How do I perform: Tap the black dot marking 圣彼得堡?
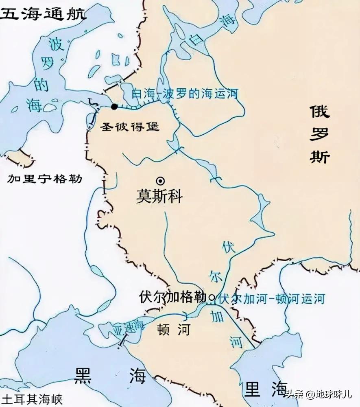(115, 107)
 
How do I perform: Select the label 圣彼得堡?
(130, 127)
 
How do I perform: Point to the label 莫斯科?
(159, 197)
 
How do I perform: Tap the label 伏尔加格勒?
(172, 297)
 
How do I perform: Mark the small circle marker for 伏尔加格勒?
(211, 297)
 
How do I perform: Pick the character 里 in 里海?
(252, 389)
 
